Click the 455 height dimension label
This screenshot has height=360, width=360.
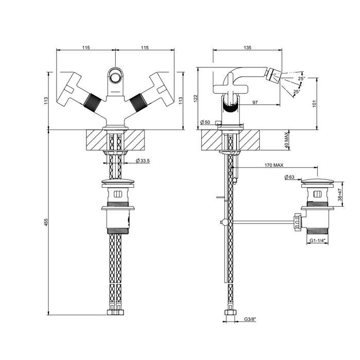point(46,222)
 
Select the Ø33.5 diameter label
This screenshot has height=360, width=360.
point(142,160)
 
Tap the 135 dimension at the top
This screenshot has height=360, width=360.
point(247,47)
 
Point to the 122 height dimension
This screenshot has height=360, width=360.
point(195,99)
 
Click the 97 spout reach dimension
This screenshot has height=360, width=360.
point(255,102)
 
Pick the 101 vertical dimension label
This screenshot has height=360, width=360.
point(314,103)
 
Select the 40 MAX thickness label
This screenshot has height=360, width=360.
point(286,140)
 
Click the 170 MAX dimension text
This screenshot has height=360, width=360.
point(274,165)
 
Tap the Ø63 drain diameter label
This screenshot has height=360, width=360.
point(289,177)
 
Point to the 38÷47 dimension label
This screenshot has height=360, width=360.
point(340,195)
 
